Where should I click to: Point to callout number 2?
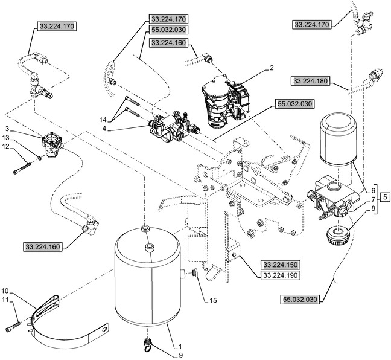click(x=272, y=69)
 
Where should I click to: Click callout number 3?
click(x=7, y=129)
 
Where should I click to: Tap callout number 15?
click(x=214, y=300)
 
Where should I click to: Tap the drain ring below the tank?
click(x=146, y=346)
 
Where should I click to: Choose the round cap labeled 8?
click(x=336, y=235)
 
